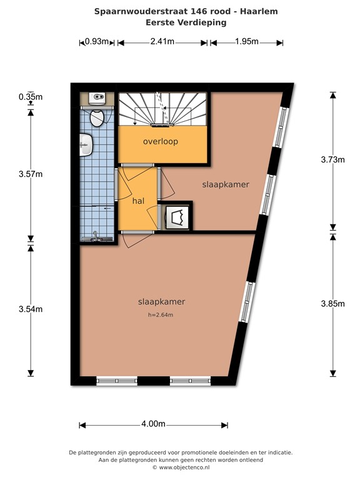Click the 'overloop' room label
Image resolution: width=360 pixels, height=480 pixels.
[x=161, y=141]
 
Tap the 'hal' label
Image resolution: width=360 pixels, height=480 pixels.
[x=138, y=201]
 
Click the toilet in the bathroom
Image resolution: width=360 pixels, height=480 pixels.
[x=97, y=117]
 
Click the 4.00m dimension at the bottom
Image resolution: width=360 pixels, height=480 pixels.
[x=153, y=424]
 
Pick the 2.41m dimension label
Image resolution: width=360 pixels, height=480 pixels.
[x=162, y=42]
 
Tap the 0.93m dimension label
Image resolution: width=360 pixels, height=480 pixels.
[x=97, y=42]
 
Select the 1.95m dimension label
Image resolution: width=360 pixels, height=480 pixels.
[x=247, y=42]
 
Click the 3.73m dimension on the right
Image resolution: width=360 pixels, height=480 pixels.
[x=332, y=159]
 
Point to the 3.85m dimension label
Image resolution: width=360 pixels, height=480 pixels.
[x=332, y=304]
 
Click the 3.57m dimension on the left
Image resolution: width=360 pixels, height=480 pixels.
[x=30, y=174]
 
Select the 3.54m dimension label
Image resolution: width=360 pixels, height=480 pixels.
[x=30, y=309]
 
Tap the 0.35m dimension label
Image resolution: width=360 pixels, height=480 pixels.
[x=30, y=97]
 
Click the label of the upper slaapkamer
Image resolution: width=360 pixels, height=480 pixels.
[x=226, y=185]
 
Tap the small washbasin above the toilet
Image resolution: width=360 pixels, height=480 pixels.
[x=97, y=97]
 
